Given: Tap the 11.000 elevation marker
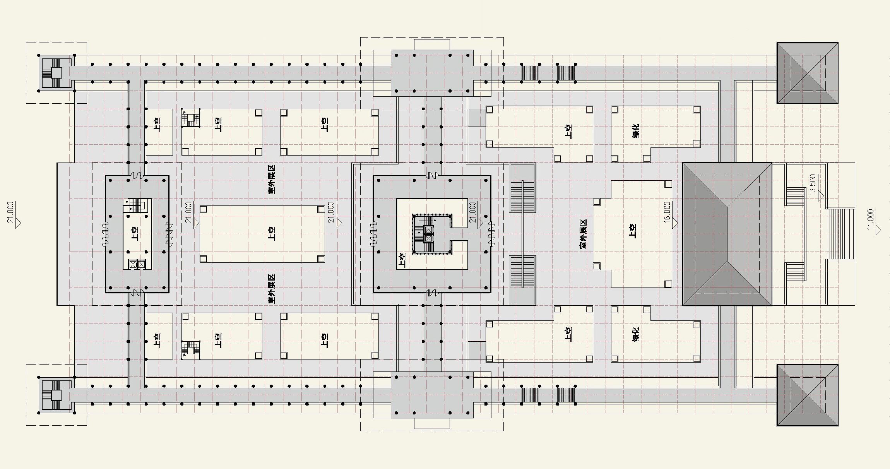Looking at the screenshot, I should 871,219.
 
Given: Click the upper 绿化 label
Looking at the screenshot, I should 635,131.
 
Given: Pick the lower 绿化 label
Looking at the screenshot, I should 635,334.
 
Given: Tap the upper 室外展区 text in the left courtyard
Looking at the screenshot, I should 272,179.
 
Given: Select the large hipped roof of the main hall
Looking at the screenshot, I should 727,234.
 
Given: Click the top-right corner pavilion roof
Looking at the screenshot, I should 807,73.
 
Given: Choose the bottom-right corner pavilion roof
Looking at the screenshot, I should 807,395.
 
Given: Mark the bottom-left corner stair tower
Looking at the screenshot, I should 56,395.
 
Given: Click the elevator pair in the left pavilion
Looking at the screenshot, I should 137,265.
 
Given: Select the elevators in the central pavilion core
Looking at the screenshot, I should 428,234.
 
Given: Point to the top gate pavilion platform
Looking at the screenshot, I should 432,73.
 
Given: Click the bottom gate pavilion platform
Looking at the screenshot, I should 432,395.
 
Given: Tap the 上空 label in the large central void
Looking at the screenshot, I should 272,234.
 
